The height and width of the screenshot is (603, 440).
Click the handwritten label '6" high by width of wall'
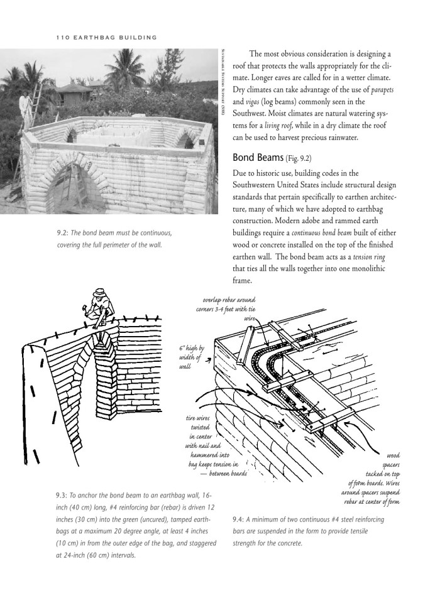point(192,357)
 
